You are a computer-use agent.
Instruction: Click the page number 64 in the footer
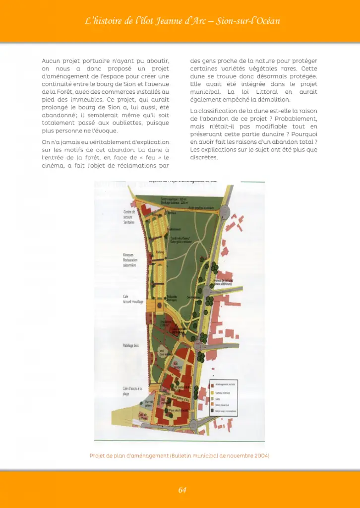tap(182, 490)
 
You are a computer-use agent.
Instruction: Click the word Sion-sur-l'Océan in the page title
tap(251, 21)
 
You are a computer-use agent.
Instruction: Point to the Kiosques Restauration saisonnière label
tap(130, 260)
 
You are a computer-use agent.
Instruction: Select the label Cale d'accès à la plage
tap(132, 391)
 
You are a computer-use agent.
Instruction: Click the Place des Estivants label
tap(177, 410)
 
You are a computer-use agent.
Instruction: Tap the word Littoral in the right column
tap(254, 92)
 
